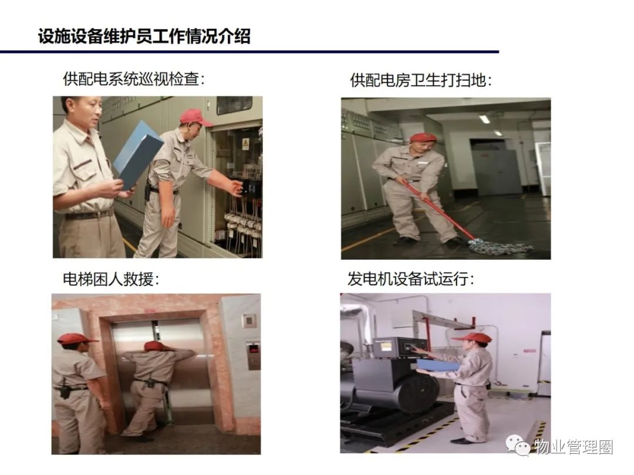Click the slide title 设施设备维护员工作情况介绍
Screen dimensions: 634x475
144,36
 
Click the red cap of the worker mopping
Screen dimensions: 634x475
423,137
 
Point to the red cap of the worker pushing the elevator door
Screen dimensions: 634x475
154,346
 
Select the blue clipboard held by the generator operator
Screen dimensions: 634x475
438,365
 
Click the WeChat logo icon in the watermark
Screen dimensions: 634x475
518,446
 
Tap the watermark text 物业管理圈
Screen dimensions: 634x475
574,447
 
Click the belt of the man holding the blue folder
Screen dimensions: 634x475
89,215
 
